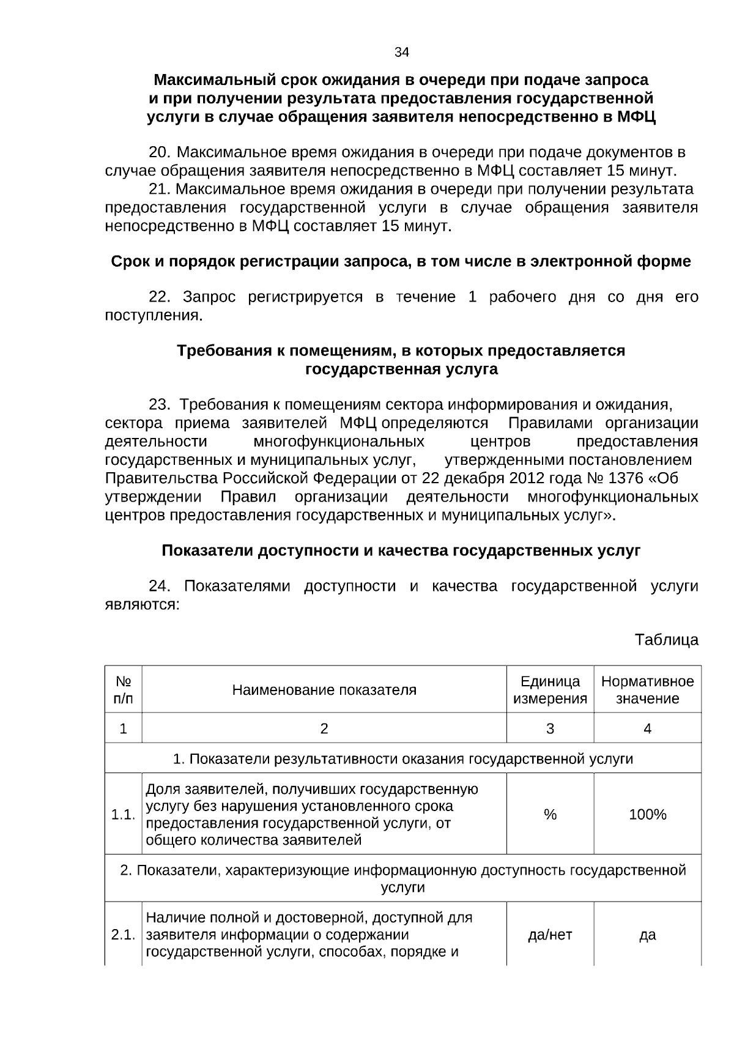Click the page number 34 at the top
(401, 53)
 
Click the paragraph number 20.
(162, 152)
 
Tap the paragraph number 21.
(162, 188)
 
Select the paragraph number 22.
(162, 297)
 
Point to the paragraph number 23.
(162, 405)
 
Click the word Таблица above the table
(666, 640)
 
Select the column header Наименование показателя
(324, 690)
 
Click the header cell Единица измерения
(550, 690)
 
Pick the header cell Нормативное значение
(647, 690)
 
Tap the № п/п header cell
(124, 690)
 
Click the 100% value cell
(647, 814)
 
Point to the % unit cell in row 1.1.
(550, 814)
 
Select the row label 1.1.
(123, 814)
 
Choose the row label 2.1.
(123, 935)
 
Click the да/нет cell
(550, 935)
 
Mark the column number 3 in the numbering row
(550, 728)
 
